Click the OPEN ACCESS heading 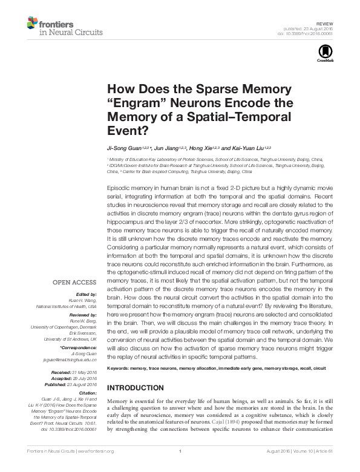74,282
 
